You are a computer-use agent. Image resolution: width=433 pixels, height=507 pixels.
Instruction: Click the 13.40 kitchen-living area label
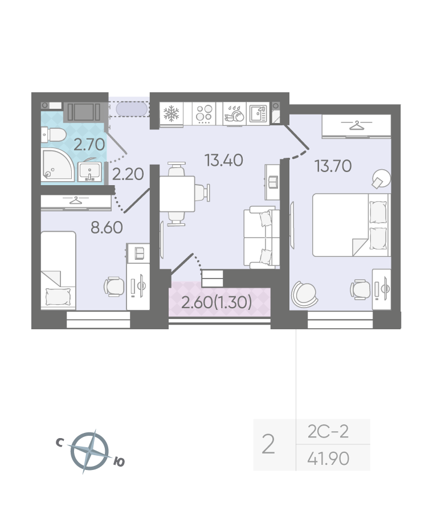[224, 161]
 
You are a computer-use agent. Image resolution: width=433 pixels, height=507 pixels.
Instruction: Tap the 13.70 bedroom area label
[333, 166]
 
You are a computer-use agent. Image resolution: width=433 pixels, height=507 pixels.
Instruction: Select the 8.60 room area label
[107, 228]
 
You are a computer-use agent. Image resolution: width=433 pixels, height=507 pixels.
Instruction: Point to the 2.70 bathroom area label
[89, 145]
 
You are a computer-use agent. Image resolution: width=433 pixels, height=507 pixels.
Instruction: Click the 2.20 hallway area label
[128, 174]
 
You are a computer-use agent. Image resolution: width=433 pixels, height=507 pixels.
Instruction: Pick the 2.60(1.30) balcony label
[217, 302]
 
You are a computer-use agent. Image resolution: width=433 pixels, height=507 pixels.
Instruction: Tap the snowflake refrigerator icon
[171, 114]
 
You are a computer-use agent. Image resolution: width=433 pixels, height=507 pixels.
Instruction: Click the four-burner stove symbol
[205, 114]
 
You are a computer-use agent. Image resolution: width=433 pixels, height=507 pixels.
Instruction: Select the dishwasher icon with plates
[235, 113]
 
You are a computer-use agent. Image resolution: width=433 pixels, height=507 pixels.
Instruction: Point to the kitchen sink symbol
[258, 113]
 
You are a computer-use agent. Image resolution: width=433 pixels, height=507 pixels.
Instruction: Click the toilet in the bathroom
[54, 135]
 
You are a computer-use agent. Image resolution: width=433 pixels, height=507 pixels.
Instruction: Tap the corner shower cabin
[58, 165]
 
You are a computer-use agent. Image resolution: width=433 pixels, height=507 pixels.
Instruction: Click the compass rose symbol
[89, 451]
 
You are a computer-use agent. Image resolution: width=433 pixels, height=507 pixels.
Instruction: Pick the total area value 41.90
[328, 459]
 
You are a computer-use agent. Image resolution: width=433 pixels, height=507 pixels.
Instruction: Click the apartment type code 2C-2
[328, 431]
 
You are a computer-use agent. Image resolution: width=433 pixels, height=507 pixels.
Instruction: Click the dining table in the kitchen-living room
[177, 194]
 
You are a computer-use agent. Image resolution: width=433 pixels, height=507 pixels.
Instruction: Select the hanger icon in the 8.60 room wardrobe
[76, 201]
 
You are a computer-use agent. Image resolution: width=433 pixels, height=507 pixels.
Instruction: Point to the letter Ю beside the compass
[119, 462]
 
